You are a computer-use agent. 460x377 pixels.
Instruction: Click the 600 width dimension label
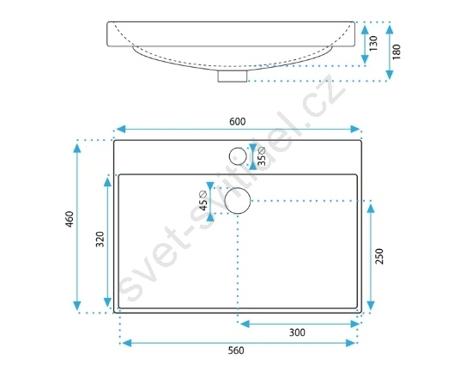pos(238,121)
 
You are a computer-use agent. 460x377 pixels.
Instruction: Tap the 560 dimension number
pos(236,350)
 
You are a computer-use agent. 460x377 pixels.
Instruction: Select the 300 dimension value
pos(297,332)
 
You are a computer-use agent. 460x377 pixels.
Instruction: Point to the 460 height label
pos(70,219)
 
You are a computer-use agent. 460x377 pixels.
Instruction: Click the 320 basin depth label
pos(100,240)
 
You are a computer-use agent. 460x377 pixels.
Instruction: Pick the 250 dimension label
pos(379,256)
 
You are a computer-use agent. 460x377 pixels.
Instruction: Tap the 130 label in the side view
pos(373,44)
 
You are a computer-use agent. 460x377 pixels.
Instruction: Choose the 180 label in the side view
pos(396,52)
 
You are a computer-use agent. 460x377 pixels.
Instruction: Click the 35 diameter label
pos(262,156)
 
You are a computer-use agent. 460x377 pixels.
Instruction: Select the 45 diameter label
pos(203,201)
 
